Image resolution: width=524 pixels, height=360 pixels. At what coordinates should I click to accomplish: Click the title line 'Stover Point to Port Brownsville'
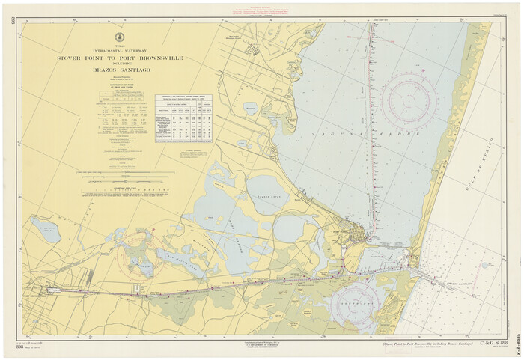(120, 58)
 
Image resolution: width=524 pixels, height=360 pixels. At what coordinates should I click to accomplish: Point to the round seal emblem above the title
(119, 37)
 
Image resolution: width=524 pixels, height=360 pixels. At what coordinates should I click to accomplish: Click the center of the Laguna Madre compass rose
(409, 100)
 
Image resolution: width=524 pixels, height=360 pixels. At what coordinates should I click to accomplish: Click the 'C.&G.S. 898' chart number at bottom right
(494, 343)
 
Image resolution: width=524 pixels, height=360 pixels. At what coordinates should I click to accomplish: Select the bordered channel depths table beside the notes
(184, 118)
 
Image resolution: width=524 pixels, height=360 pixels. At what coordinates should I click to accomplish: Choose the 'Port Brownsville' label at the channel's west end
(39, 293)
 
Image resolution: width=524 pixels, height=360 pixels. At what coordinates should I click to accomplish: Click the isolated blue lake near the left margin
(46, 231)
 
